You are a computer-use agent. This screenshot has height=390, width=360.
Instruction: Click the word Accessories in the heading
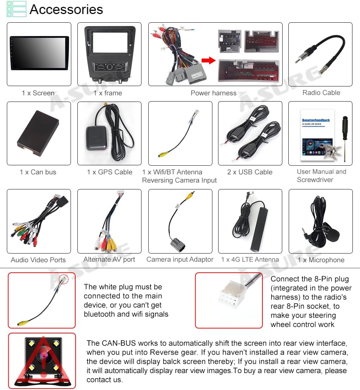66,9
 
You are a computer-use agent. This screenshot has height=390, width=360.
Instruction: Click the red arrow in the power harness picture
208,60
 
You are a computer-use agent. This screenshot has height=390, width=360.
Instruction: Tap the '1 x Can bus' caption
38,172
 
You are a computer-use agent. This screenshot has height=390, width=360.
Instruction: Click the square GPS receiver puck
96,138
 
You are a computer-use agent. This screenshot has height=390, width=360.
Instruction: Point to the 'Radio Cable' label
321,93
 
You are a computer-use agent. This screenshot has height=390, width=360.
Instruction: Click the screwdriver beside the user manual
345,138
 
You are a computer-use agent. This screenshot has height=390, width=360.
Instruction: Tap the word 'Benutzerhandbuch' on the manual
316,120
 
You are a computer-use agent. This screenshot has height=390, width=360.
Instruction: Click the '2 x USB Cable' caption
249,172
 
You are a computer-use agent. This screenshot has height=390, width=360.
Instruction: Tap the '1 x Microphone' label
321,260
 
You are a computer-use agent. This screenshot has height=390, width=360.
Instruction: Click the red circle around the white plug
63,279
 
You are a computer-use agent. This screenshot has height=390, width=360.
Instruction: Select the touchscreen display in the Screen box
39,53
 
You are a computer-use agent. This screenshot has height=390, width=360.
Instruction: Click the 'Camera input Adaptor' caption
180,259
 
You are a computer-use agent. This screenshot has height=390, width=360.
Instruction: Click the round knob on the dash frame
110,67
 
